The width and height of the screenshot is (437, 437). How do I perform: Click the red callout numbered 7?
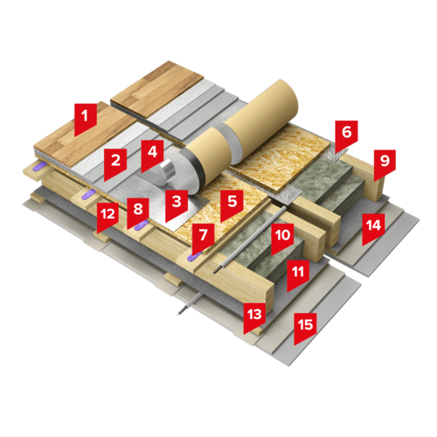point(203,237)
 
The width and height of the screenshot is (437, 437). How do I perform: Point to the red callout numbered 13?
point(254,316)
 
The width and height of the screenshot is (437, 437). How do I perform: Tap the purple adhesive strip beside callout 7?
point(193,256)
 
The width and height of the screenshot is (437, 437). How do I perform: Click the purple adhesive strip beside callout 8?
point(142,225)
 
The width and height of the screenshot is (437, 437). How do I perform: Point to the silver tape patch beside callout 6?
point(337,155)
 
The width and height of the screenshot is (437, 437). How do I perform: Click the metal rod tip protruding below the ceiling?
point(180,313)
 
